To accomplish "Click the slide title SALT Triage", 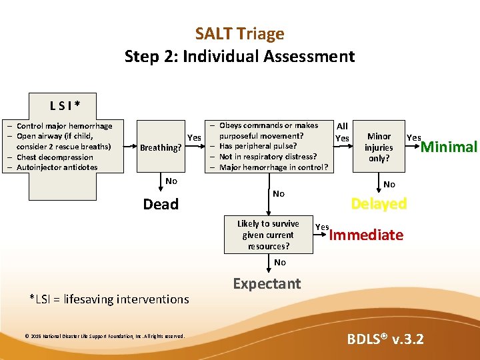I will pyautogui.click(x=239, y=33).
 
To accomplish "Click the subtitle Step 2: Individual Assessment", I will pyautogui.click(x=239, y=56).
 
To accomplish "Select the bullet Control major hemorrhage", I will pyautogui.click(x=65, y=125).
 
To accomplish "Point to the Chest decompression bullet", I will pyautogui.click(x=55, y=157).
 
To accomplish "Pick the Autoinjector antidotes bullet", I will pyautogui.click(x=57, y=167).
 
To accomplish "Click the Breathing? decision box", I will pyautogui.click(x=160, y=147).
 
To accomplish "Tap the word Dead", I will pyautogui.click(x=161, y=204).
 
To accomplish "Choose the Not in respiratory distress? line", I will pyautogui.click(x=268, y=157).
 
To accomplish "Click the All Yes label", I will pyautogui.click(x=342, y=132).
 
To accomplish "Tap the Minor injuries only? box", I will pyautogui.click(x=379, y=147).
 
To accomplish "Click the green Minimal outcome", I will pyautogui.click(x=449, y=147).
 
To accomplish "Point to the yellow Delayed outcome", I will pyautogui.click(x=379, y=204).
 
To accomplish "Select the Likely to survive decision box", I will pyautogui.click(x=268, y=235).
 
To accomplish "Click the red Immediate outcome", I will pyautogui.click(x=366, y=235).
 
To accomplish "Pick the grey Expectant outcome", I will pyautogui.click(x=267, y=283).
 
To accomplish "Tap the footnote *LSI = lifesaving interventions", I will pyautogui.click(x=110, y=299).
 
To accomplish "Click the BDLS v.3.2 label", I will pyautogui.click(x=385, y=339).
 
